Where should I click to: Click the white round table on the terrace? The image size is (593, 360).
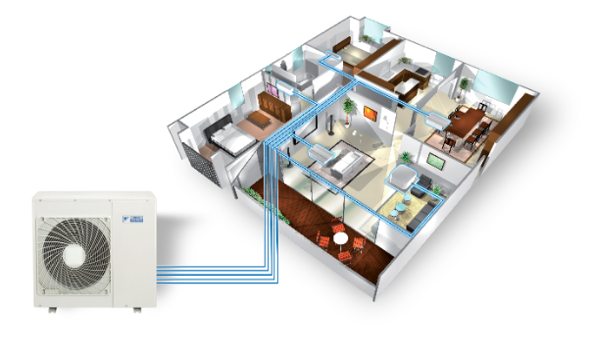(340, 237)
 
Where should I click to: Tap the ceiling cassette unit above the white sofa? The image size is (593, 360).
(324, 150)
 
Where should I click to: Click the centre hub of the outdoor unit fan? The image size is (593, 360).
(74, 253)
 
